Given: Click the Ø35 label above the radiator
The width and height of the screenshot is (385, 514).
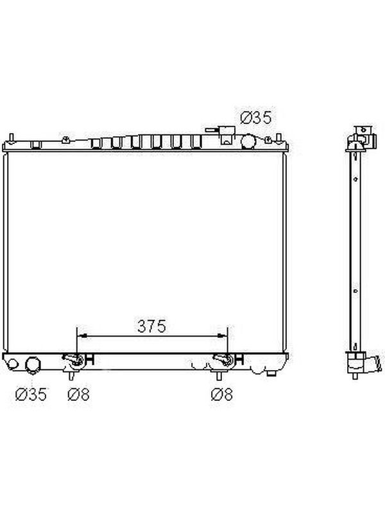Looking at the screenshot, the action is pyautogui.click(x=256, y=118).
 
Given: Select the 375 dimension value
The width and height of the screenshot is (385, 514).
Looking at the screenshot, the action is pyautogui.click(x=151, y=326).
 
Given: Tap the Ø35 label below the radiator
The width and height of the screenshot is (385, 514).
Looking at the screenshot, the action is pyautogui.click(x=31, y=394).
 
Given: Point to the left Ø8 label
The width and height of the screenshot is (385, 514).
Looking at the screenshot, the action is pyautogui.click(x=78, y=394).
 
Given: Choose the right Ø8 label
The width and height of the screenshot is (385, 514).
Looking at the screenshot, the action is pyautogui.click(x=222, y=394).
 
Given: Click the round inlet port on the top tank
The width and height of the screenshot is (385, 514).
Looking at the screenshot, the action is pyautogui.click(x=248, y=141).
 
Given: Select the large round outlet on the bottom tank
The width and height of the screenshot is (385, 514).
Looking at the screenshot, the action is pyautogui.click(x=33, y=365).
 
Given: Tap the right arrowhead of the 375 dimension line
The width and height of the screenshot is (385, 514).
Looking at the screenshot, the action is pyautogui.click(x=222, y=335).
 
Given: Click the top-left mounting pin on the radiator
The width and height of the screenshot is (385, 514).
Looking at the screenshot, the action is pyautogui.click(x=11, y=137).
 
